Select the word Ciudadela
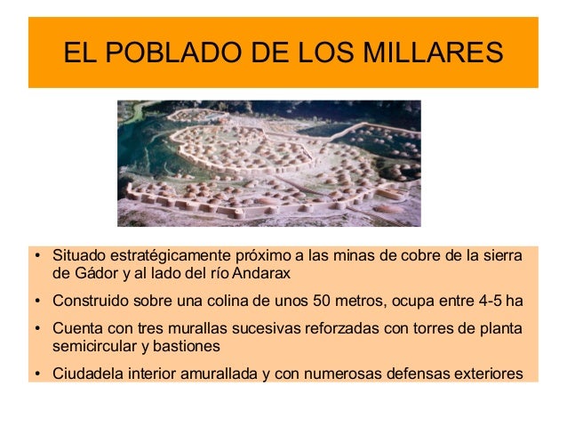[x=85, y=373]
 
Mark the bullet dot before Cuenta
[x=36, y=327]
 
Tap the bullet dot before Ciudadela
[x=36, y=374]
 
